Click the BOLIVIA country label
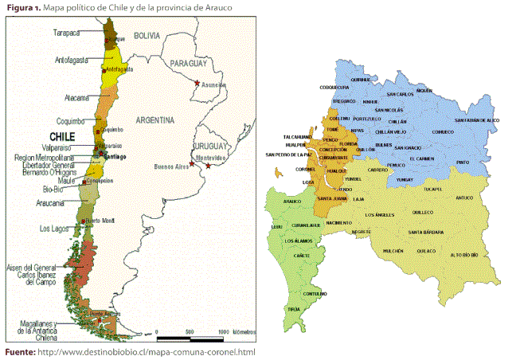point(147,37)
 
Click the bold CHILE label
point(63,136)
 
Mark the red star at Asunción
point(197,81)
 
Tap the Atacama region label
point(77,98)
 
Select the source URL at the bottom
point(147,352)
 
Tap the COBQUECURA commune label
point(335,87)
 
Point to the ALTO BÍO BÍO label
point(465,255)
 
